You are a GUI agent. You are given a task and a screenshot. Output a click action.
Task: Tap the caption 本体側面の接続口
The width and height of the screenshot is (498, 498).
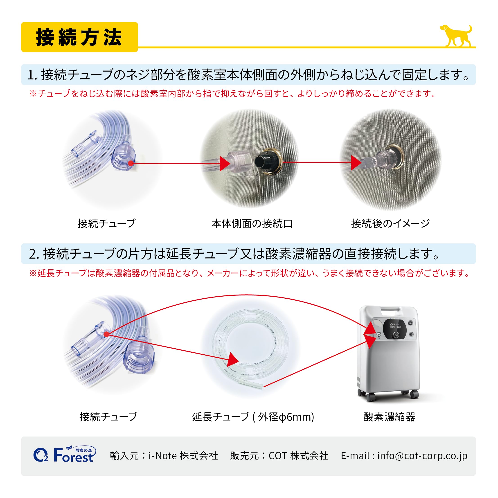[252, 223]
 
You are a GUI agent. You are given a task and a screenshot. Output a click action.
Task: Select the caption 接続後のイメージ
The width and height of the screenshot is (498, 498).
[390, 223]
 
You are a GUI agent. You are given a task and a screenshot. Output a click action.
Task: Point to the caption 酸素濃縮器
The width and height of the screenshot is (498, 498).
[389, 417]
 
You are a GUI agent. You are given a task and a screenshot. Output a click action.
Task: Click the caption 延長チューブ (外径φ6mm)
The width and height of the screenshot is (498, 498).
[253, 417]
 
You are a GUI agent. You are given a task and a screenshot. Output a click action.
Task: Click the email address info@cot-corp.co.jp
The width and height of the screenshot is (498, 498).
[422, 456]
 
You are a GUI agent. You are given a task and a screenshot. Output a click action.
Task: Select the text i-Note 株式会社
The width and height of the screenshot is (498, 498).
[183, 456]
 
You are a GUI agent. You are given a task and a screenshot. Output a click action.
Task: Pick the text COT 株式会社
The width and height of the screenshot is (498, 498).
[298, 456]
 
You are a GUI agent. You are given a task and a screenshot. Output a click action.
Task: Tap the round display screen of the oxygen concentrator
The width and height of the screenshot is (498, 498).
[395, 330]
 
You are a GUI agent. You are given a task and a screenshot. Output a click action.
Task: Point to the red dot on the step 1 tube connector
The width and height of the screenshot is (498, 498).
[131, 163]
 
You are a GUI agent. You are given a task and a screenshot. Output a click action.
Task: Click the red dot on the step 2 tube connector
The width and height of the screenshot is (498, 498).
[106, 334]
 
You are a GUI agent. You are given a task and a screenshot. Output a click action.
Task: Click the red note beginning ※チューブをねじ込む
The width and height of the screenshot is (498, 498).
[232, 94]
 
